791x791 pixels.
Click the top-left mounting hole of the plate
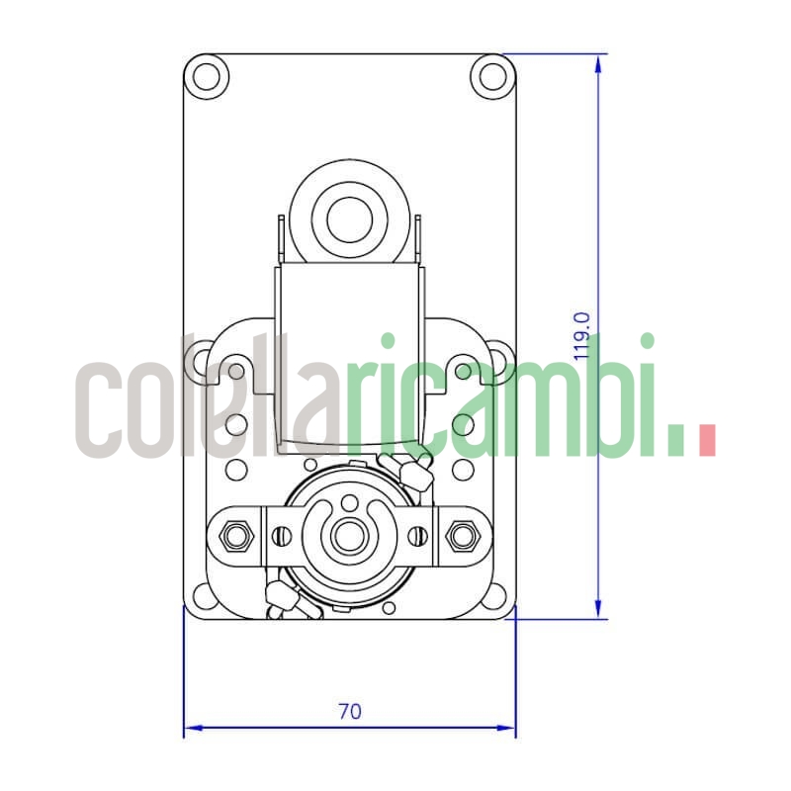point(208,75)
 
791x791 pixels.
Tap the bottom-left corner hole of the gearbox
point(206,596)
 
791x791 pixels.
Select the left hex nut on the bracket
point(235,537)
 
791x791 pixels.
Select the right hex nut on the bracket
point(460,537)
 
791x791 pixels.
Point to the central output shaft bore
point(348,537)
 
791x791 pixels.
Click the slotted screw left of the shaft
point(282,537)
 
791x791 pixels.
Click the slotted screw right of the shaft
point(417,537)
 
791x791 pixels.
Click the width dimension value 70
point(349,711)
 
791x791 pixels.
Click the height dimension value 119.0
point(582,335)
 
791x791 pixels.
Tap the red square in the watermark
point(706,440)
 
